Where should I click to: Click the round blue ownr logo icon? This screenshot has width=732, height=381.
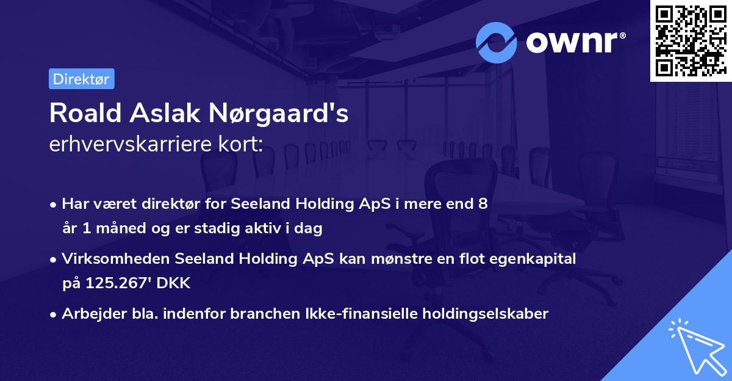pyautogui.click(x=497, y=42)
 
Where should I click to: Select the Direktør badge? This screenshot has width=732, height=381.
pyautogui.click(x=81, y=79)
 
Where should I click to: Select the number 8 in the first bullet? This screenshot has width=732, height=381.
pyautogui.click(x=483, y=204)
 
